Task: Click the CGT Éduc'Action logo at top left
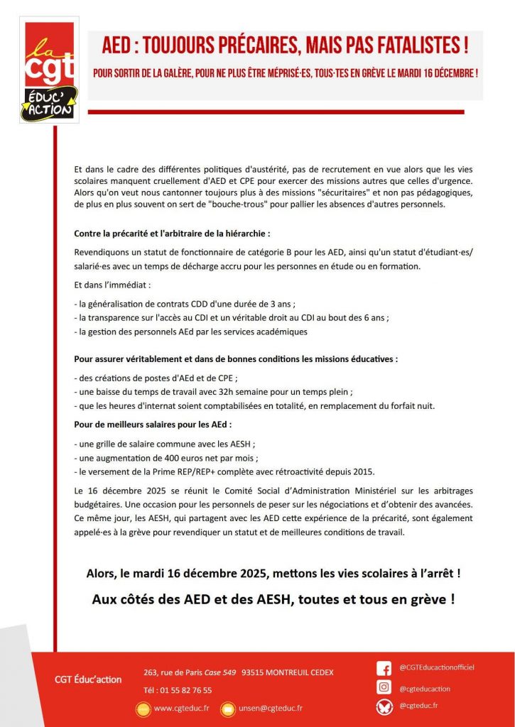(x=49, y=70)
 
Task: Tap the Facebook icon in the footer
(x=384, y=669)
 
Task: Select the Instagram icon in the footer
(x=384, y=688)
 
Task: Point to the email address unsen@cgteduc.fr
(x=271, y=708)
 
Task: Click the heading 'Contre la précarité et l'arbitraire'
(x=172, y=233)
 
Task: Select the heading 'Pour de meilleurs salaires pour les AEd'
(x=153, y=425)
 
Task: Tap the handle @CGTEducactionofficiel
(x=436, y=667)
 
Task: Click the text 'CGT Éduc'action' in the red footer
(x=88, y=679)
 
